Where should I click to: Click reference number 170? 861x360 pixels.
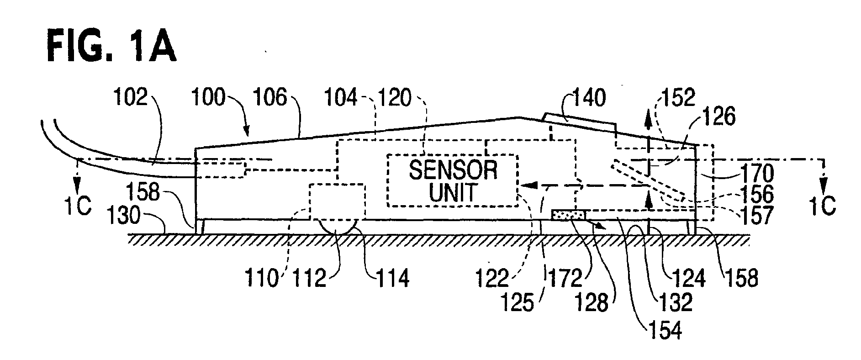tap(755, 174)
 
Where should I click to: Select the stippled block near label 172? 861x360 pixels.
tap(568, 214)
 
